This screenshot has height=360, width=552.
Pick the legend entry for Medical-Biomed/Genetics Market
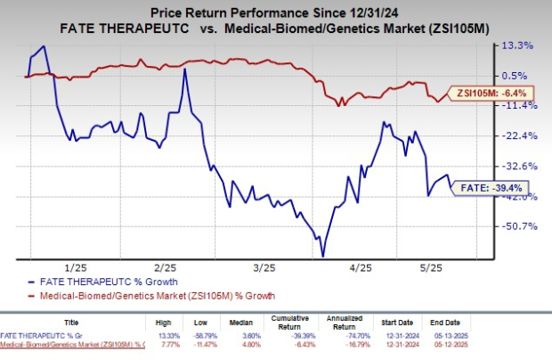(x=155, y=295)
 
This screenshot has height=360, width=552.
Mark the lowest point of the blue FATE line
(x=321, y=256)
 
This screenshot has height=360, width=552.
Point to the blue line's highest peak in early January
(x=44, y=46)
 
